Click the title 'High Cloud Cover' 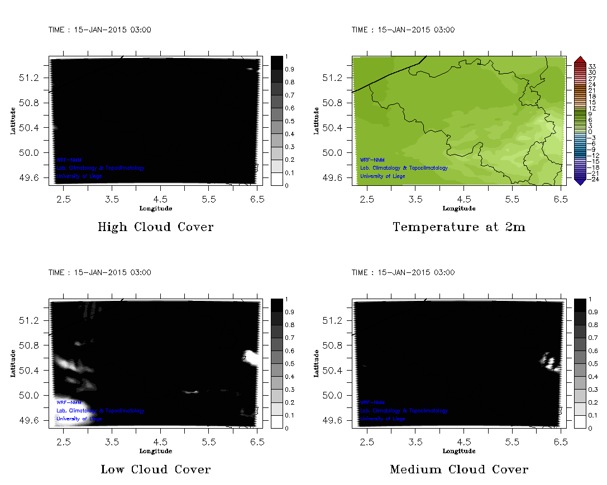click(155, 227)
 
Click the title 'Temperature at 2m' click(458, 227)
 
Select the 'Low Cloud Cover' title click(155, 469)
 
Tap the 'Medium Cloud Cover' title click(458, 469)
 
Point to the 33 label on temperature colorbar click(592, 66)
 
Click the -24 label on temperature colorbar click(593, 179)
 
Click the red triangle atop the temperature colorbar click(580, 60)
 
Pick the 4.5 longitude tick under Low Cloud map click(161, 441)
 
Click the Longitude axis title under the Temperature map click(458, 208)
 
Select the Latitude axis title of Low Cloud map click(12, 363)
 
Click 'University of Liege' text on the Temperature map click(383, 176)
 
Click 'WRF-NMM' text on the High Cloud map click(69, 160)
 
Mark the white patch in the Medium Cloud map click(551, 362)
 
